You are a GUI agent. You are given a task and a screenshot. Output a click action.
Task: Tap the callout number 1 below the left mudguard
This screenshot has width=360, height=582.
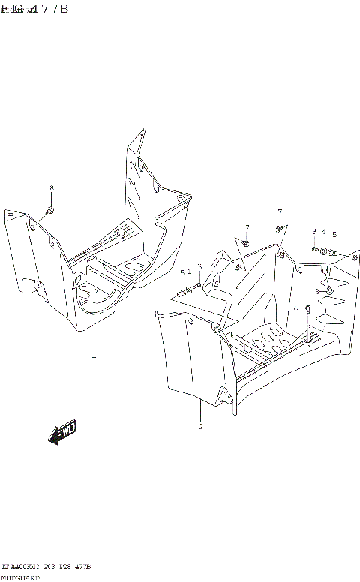coord(94,355)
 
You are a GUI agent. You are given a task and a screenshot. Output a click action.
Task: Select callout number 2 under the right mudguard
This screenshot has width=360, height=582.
coord(201,427)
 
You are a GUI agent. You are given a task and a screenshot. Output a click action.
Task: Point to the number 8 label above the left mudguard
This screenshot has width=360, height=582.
coord(51,187)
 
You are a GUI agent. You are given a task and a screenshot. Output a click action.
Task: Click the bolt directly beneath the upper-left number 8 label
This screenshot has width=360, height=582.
coord(49,210)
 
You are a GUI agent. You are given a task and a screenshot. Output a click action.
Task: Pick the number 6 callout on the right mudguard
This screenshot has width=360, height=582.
coord(296,308)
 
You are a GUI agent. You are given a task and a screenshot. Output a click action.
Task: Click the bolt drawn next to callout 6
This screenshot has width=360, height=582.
coord(306,308)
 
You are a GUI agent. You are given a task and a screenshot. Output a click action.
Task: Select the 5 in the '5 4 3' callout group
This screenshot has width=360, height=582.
coord(181,273)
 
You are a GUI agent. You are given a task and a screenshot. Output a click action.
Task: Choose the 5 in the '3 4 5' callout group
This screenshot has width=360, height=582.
coord(334,233)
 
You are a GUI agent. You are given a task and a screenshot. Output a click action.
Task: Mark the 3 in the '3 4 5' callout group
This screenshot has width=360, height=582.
coord(314,232)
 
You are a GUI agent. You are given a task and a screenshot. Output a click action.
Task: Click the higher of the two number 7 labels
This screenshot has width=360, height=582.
coord(280,212)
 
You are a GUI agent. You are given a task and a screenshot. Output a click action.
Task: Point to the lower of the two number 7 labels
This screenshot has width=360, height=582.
coord(246,227)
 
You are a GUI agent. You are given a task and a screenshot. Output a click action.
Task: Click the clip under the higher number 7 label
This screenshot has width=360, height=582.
coord(279,229)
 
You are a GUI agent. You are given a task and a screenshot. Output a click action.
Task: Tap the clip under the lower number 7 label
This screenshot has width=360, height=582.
coord(245,242)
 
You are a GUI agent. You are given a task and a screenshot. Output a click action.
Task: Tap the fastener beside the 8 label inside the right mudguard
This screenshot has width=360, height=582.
coord(328,290)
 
